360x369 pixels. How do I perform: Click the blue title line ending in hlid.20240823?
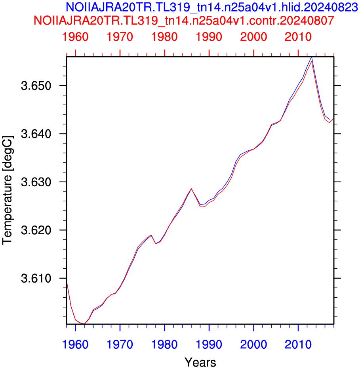click(211, 7)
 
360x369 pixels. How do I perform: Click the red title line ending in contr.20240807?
click(184, 21)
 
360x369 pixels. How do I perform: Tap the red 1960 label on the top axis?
click(75, 37)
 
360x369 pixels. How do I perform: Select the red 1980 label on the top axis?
click(164, 37)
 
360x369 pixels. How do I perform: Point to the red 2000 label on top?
click(253, 37)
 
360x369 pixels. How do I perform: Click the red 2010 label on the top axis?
click(298, 37)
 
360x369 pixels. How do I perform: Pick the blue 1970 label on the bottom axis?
click(120, 345)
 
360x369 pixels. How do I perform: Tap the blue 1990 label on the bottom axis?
click(209, 345)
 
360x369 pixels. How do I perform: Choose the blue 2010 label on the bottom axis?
click(298, 345)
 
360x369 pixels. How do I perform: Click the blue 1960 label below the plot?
click(75, 345)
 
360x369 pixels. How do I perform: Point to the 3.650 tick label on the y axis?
click(36, 86)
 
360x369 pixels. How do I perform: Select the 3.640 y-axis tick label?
click(36, 134)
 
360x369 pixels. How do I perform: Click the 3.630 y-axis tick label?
click(36, 182)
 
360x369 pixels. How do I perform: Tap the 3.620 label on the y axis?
click(36, 230)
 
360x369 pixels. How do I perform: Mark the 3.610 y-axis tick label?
click(36, 278)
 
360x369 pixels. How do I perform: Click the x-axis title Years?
click(200, 362)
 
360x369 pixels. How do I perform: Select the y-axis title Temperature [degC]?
click(8, 190)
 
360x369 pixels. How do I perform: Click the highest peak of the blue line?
click(312, 57)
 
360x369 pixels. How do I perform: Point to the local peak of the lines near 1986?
click(191, 189)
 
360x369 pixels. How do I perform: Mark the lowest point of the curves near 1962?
click(84, 324)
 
